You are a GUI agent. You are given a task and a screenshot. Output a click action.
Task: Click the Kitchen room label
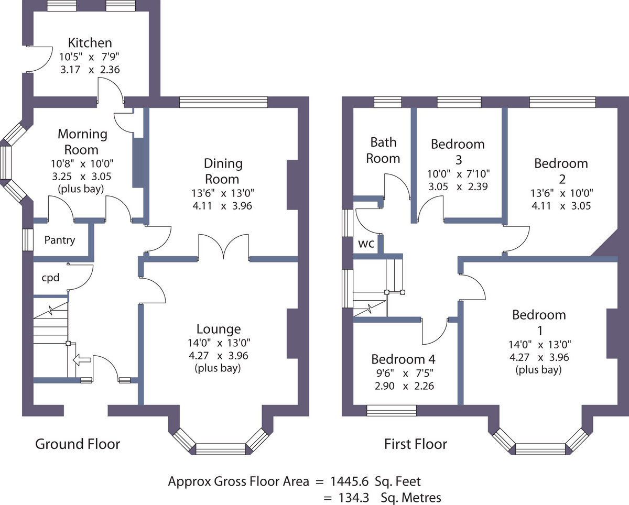click(x=90, y=42)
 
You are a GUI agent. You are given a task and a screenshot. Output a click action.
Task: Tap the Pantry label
click(x=60, y=240)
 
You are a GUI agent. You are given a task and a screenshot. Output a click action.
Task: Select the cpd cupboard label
click(x=50, y=278)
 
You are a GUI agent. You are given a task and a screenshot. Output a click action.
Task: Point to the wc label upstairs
click(x=366, y=244)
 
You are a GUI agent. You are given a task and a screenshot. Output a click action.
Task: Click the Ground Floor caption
click(x=78, y=444)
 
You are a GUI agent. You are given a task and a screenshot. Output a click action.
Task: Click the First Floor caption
click(x=416, y=444)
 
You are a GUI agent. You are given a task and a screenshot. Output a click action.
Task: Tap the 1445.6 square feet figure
click(x=349, y=481)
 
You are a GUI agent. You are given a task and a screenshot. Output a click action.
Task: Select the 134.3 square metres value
click(x=353, y=498)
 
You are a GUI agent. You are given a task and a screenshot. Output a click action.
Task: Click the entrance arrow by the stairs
click(x=82, y=359)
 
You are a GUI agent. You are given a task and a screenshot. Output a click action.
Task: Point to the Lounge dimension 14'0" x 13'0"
click(x=219, y=343)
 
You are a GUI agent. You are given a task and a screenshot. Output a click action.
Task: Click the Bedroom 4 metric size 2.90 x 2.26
click(x=404, y=386)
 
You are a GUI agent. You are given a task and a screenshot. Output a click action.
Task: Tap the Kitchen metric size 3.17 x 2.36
click(x=90, y=70)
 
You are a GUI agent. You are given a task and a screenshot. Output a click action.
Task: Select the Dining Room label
click(x=223, y=171)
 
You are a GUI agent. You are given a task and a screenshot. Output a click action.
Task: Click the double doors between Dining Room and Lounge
click(x=224, y=247)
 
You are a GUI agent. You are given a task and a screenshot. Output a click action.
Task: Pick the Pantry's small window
click(x=28, y=240)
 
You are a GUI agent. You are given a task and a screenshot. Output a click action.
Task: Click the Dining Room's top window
click(x=223, y=102)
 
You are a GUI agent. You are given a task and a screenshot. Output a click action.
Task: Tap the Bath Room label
click(x=383, y=150)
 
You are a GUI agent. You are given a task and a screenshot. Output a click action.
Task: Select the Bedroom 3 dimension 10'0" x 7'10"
click(x=458, y=174)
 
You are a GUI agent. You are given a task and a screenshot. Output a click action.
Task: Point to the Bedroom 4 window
click(x=392, y=410)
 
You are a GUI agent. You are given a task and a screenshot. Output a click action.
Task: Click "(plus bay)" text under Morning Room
click(x=81, y=189)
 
